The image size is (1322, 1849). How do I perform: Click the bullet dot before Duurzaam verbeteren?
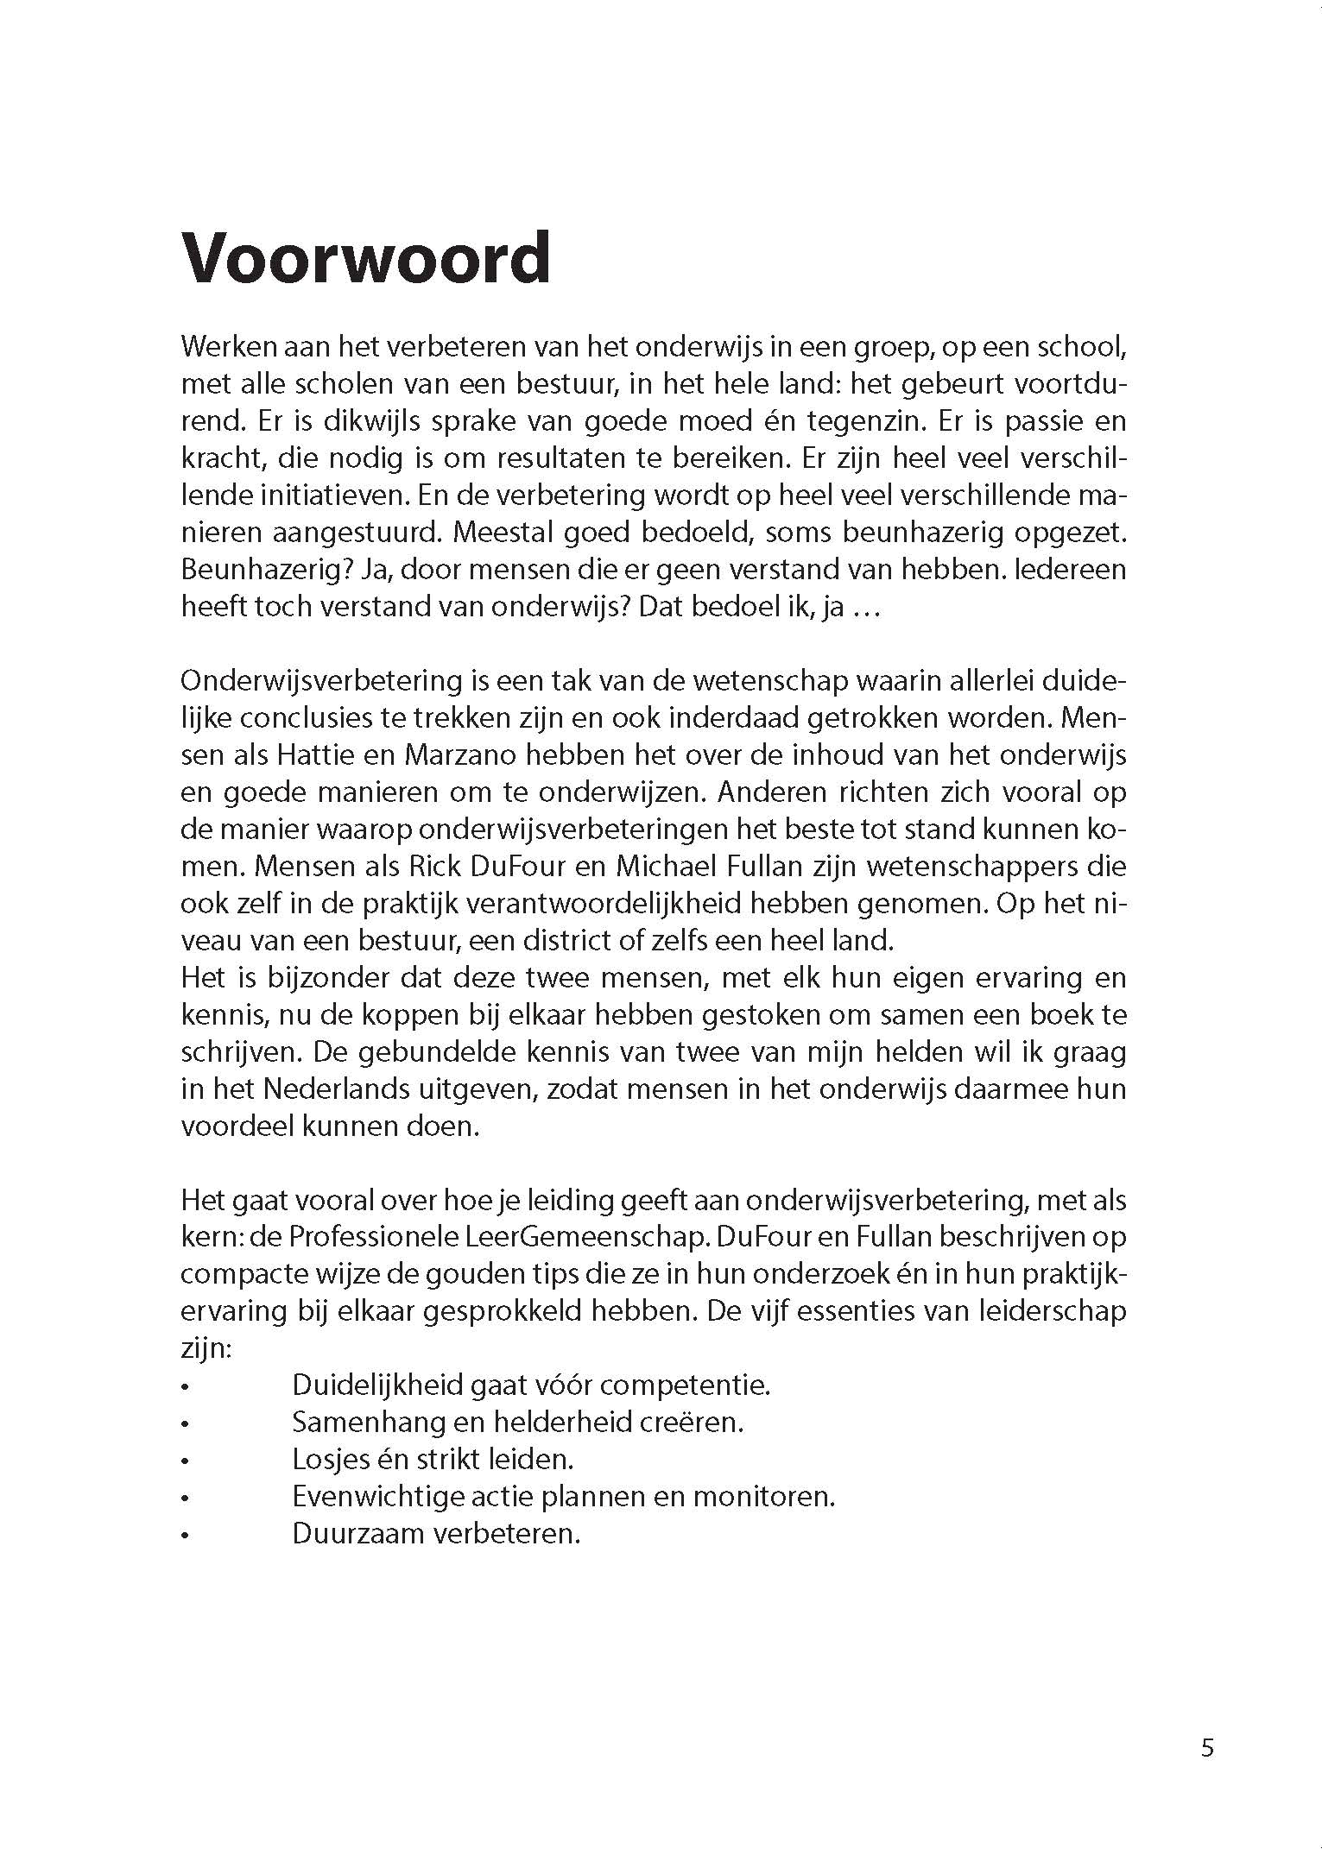click(185, 1537)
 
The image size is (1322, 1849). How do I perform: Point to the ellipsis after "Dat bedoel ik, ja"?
click(865, 609)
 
